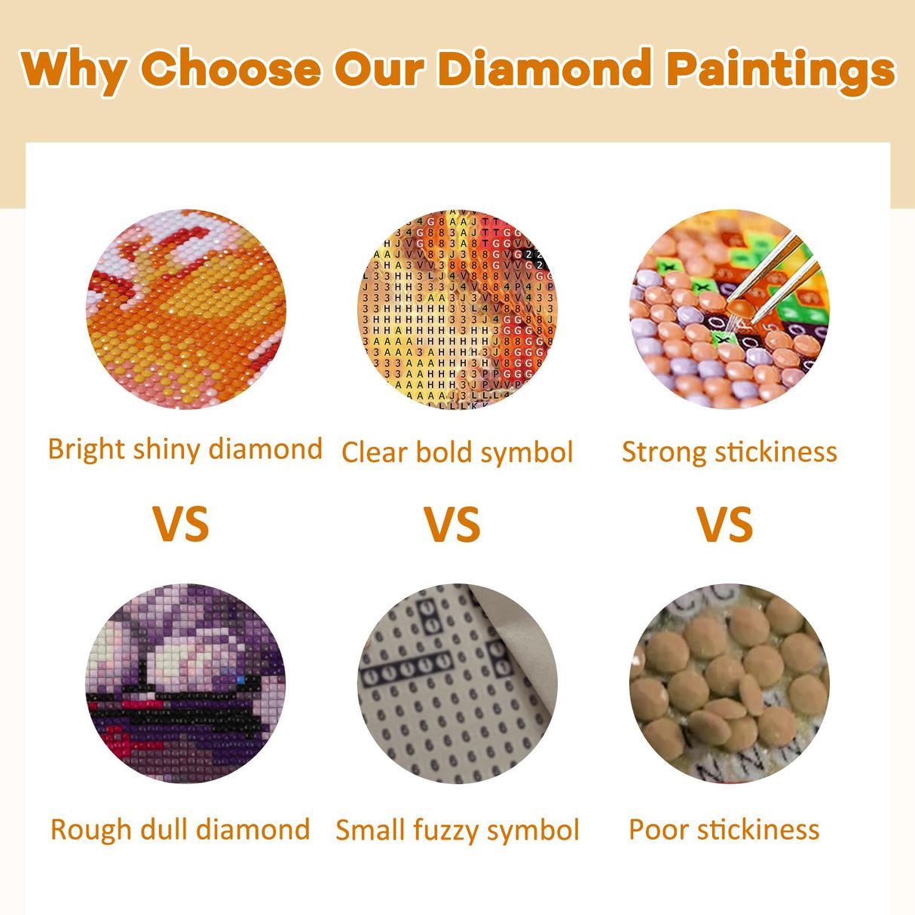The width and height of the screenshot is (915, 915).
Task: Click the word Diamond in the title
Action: pyautogui.click(x=543, y=69)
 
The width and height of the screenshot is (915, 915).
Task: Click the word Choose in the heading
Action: pyautogui.click(x=231, y=69)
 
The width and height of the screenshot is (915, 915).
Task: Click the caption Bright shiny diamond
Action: pyautogui.click(x=185, y=450)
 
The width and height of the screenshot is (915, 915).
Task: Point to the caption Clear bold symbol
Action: pyautogui.click(x=457, y=453)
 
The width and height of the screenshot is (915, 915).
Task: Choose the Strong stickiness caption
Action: pyautogui.click(x=729, y=452)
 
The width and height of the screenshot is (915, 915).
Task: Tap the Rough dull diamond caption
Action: pyautogui.click(x=180, y=830)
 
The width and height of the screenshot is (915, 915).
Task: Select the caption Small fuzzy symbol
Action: pyautogui.click(x=457, y=831)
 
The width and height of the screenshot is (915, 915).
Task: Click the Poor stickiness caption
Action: pyautogui.click(x=724, y=830)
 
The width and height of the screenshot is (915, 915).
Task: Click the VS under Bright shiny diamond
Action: pyautogui.click(x=181, y=525)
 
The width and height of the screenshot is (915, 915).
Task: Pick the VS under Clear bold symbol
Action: pyautogui.click(x=452, y=525)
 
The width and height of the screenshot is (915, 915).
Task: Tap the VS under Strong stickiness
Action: pyautogui.click(x=725, y=525)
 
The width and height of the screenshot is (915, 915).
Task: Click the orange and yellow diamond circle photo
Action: pyautogui.click(x=185, y=310)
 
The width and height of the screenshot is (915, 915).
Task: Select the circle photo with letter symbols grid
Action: pyautogui.click(x=457, y=310)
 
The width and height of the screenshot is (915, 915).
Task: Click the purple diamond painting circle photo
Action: pyautogui.click(x=185, y=683)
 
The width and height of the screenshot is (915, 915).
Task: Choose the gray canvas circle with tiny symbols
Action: pyautogui.click(x=457, y=683)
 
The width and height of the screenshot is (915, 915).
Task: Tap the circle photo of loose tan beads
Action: pyautogui.click(x=729, y=683)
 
